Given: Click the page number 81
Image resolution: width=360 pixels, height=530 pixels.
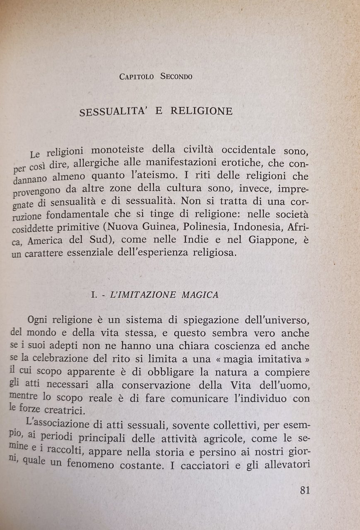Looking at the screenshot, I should [304, 490].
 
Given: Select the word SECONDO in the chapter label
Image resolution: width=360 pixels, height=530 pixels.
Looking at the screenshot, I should [176, 77].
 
